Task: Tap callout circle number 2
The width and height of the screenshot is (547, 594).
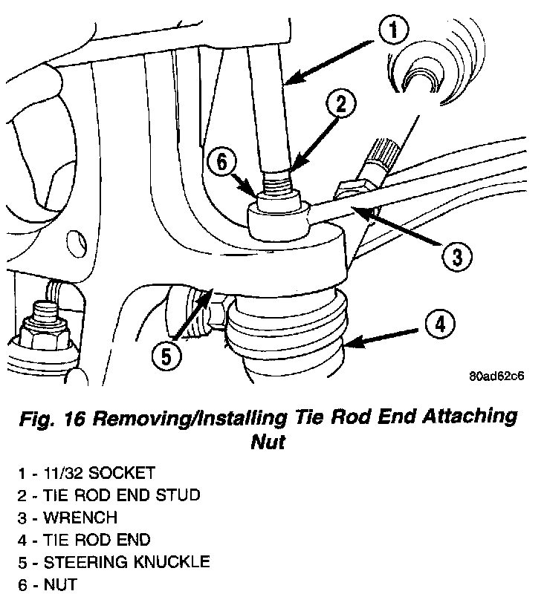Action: click(x=340, y=106)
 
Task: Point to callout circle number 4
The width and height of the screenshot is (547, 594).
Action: click(x=440, y=324)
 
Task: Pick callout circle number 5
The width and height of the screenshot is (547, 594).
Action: click(x=166, y=356)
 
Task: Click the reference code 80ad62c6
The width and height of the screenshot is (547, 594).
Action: click(x=496, y=376)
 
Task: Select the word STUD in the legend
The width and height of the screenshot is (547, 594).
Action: click(x=176, y=495)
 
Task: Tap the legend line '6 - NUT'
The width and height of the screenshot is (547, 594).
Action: click(x=48, y=584)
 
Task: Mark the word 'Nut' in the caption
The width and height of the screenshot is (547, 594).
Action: click(x=268, y=443)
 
